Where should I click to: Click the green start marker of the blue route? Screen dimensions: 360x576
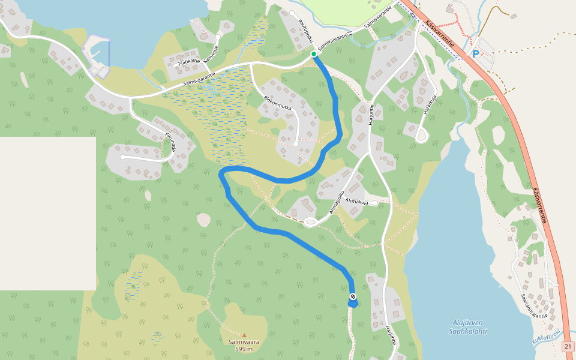[x=313, y=54]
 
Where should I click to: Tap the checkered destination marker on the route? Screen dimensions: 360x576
[x=353, y=296]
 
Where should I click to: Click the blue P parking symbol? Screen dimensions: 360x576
[x=476, y=54]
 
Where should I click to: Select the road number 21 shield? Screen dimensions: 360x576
[x=568, y=347]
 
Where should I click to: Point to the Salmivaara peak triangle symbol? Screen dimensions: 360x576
[x=244, y=335]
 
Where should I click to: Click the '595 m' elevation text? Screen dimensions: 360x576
[x=244, y=349]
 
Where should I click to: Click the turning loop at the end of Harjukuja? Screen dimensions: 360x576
[x=421, y=136]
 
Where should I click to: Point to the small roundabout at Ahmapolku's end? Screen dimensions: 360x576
[x=311, y=223]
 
